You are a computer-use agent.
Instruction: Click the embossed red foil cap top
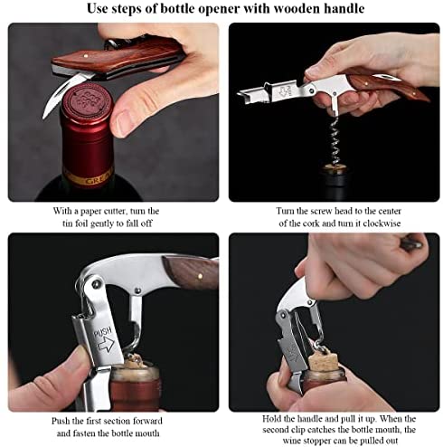[x=88, y=100]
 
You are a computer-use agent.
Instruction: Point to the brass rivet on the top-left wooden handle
[x=85, y=56]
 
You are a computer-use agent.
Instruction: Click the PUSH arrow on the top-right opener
[x=284, y=91]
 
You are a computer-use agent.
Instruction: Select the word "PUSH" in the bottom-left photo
[x=103, y=333]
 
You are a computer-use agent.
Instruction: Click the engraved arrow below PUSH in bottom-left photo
[x=106, y=344]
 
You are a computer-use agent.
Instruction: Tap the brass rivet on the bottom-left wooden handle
[x=199, y=275]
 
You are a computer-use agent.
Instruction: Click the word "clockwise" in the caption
[x=382, y=223]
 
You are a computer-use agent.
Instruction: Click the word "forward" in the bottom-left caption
[x=147, y=421]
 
